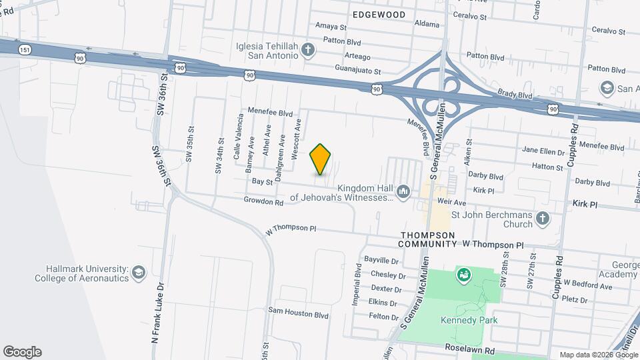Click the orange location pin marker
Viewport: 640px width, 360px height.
point(321,159)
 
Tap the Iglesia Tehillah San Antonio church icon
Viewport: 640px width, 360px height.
point(307,50)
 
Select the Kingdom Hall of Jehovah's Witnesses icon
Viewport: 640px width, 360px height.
point(403,193)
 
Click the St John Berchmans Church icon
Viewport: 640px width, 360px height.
point(543,219)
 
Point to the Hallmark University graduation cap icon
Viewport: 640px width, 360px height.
point(138,273)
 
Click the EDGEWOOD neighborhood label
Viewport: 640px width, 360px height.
point(379,13)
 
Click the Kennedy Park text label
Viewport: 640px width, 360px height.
point(469,320)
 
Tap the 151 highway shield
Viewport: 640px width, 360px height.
point(25,49)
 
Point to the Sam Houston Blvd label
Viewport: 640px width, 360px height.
point(299,311)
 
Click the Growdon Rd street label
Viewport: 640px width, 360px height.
point(264,200)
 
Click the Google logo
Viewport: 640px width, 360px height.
point(22,352)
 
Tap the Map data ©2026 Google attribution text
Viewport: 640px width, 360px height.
point(597,355)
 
